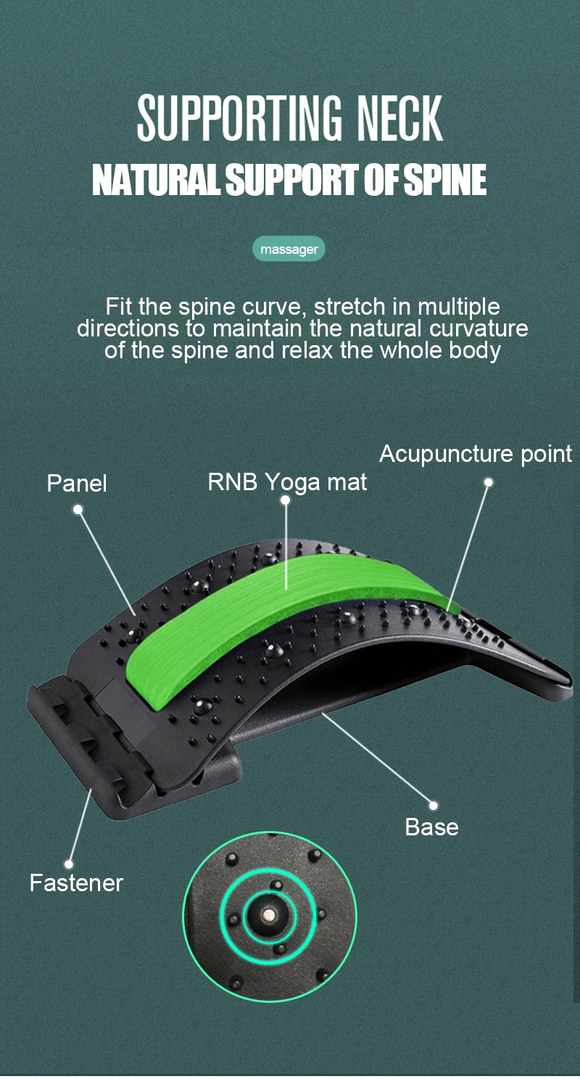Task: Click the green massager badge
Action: click(289, 249)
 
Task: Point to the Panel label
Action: click(77, 484)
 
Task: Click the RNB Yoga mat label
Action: click(287, 482)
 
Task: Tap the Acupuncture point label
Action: click(476, 455)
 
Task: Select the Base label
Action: click(431, 827)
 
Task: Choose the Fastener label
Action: click(76, 883)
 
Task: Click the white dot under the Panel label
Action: click(78, 510)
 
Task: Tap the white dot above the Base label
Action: click(433, 805)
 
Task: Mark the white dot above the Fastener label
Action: click(69, 864)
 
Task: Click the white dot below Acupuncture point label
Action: click(489, 482)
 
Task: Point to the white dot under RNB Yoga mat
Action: click(286, 500)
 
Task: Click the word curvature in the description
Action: click(478, 328)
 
